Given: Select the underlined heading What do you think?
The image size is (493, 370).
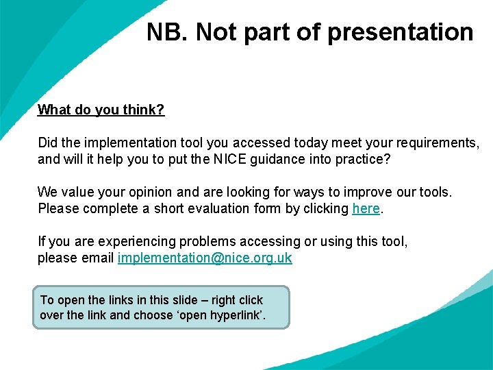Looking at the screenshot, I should click(101, 110).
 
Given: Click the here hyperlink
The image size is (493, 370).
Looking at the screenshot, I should click(366, 208).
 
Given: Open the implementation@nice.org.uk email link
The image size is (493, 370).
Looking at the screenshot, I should click(205, 258).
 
